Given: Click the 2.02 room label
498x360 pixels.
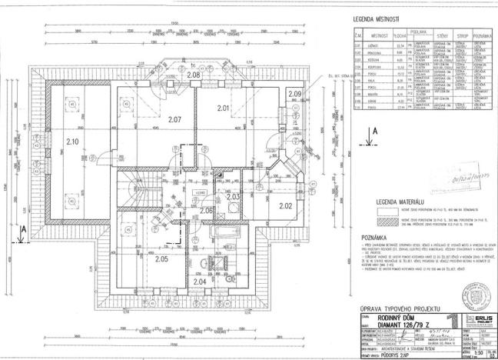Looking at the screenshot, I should click(285, 205).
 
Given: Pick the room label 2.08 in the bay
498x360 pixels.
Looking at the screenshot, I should click(194, 75).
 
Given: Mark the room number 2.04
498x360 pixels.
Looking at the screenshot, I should click(199, 281).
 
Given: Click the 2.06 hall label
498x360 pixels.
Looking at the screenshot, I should click(206, 211).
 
